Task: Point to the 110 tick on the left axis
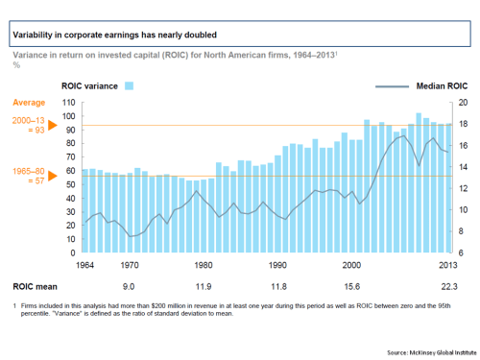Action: click(68, 102)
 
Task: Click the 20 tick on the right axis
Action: click(462, 102)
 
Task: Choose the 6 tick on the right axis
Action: click(462, 252)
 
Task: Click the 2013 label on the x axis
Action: click(447, 264)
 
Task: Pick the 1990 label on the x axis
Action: click(277, 264)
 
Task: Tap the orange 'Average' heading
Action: click(28, 101)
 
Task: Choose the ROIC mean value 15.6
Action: click(352, 286)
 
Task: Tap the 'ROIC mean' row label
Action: click(34, 286)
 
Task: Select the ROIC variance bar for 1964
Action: click(84, 210)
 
